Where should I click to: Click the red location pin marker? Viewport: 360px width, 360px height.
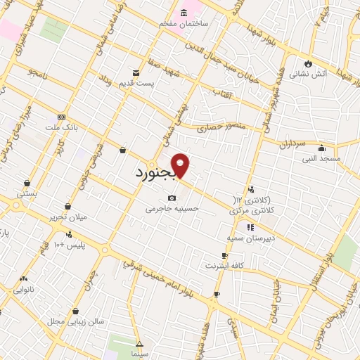click(181, 165)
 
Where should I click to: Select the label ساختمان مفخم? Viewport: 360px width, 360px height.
click(186, 23)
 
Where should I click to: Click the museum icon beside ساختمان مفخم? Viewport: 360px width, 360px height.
click(184, 13)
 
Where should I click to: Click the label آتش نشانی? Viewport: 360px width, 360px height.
click(314, 74)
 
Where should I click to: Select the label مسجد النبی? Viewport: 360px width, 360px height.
click(321, 158)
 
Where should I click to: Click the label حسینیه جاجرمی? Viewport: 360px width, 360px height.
click(172, 208)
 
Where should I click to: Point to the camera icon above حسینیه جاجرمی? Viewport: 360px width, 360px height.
click(172, 198)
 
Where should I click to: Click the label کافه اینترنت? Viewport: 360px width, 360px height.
click(224, 266)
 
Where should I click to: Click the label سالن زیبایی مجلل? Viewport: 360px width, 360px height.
click(75, 321)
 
